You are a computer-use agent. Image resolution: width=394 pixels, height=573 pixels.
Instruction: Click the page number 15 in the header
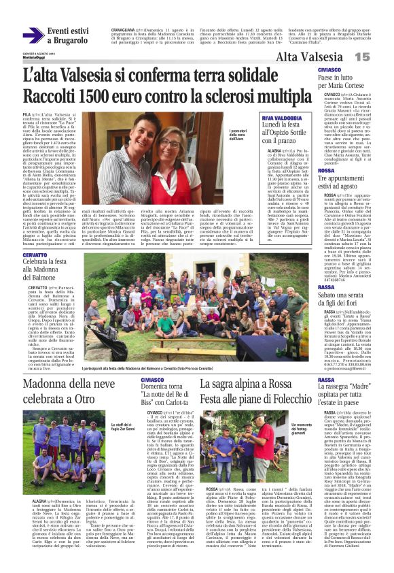(380, 58)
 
